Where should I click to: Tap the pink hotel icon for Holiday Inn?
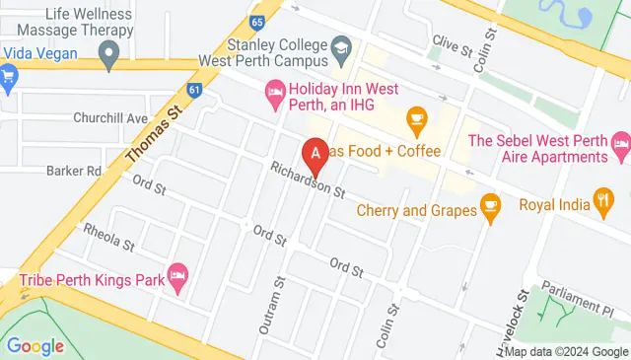[275, 95]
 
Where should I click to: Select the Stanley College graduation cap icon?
[341, 46]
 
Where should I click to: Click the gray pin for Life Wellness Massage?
[110, 51]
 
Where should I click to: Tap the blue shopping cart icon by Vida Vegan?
[9, 75]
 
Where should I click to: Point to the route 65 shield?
[257, 21]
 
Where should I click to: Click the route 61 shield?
[195, 90]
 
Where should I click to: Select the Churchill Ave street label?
[109, 117]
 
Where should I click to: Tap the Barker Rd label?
[74, 171]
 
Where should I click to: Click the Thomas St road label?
[156, 136]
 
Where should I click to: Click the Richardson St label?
[307, 179]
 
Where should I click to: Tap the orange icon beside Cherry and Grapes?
[488, 205]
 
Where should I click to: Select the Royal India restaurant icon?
[603, 205]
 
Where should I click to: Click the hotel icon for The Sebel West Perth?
[620, 148]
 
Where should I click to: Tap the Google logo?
[35, 346]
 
